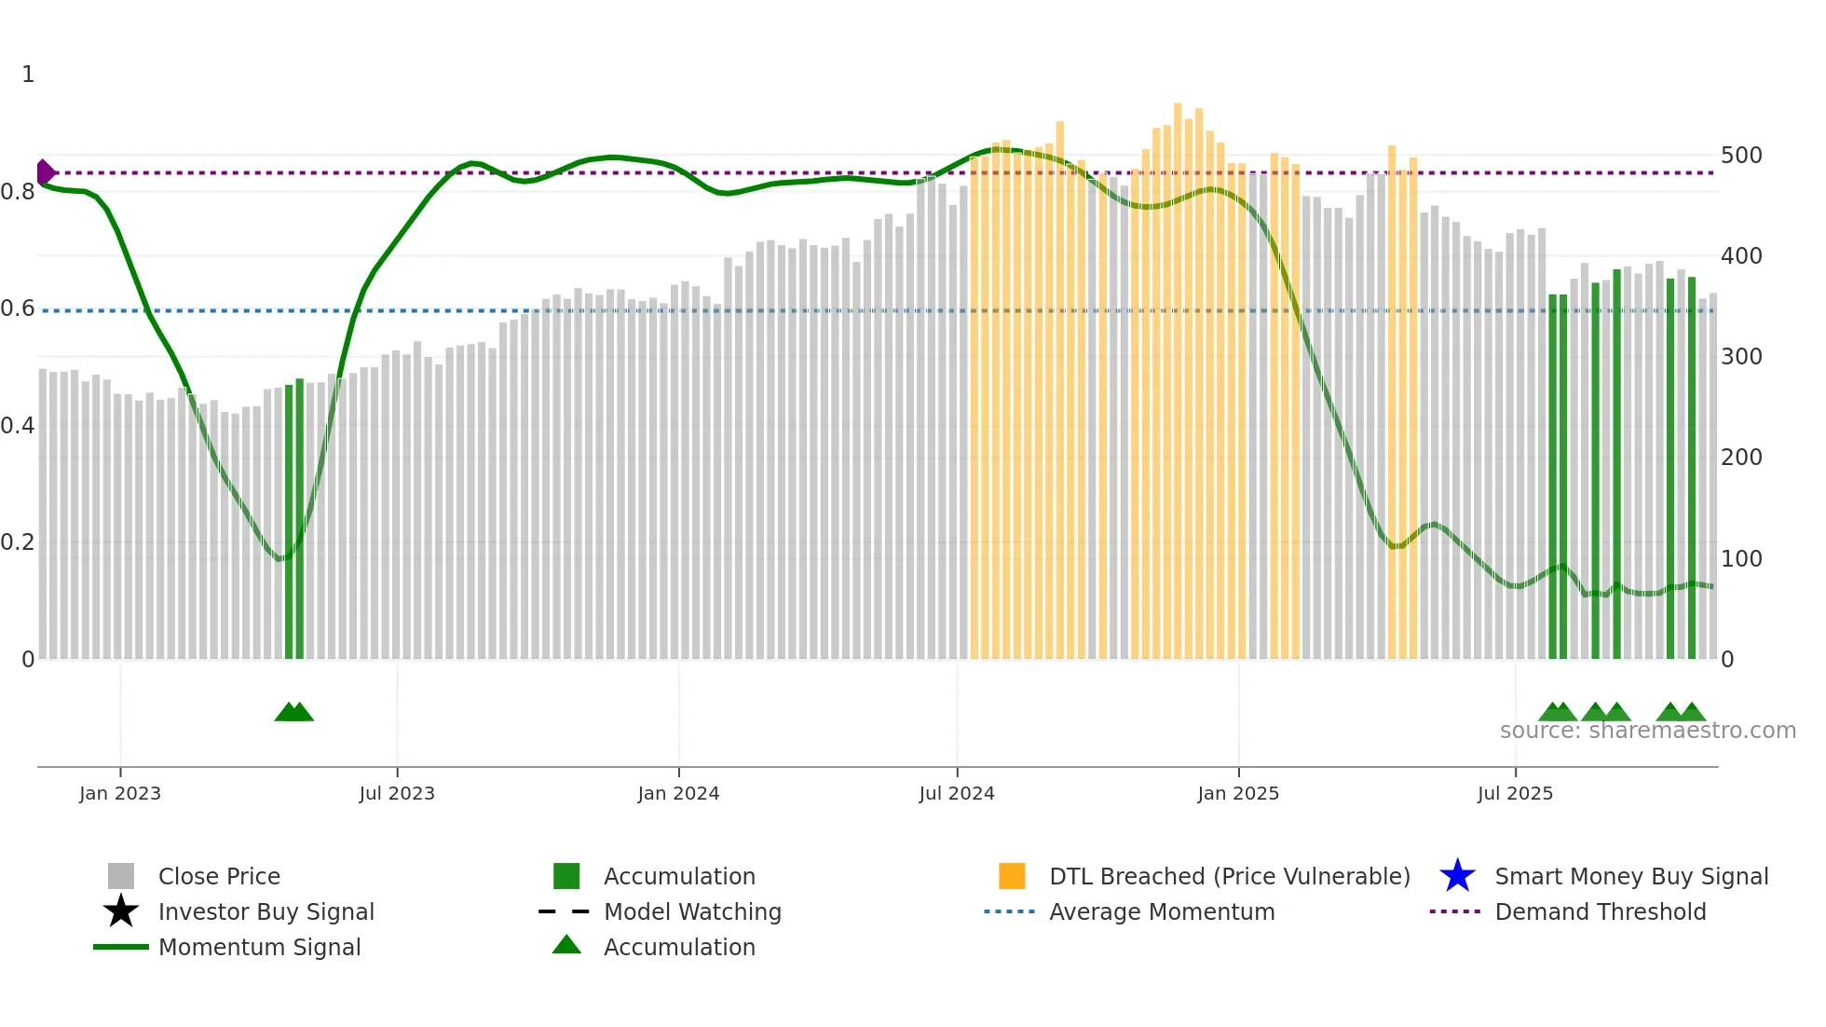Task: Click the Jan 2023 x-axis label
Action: click(x=120, y=793)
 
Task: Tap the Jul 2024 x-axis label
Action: click(x=957, y=793)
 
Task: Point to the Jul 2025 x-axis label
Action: click(x=1515, y=793)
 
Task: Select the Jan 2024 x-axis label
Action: click(x=678, y=793)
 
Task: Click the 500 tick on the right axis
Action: click(x=1741, y=156)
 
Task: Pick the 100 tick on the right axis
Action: click(x=1741, y=559)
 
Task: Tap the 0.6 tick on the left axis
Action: click(x=18, y=308)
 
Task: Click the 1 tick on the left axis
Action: click(x=28, y=75)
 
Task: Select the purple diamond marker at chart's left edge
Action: click(x=45, y=172)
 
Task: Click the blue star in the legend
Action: click(x=1457, y=876)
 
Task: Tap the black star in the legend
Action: click(x=121, y=911)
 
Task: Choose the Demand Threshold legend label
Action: click(x=1600, y=911)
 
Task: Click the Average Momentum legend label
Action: click(x=1162, y=911)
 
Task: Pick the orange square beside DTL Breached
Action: click(x=1012, y=876)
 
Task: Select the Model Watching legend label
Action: click(x=692, y=911)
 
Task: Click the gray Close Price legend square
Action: click(x=121, y=876)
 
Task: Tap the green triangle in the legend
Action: click(x=566, y=945)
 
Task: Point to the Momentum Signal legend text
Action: click(x=259, y=947)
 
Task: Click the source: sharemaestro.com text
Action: click(x=1647, y=731)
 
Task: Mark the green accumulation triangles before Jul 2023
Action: click(x=294, y=712)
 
